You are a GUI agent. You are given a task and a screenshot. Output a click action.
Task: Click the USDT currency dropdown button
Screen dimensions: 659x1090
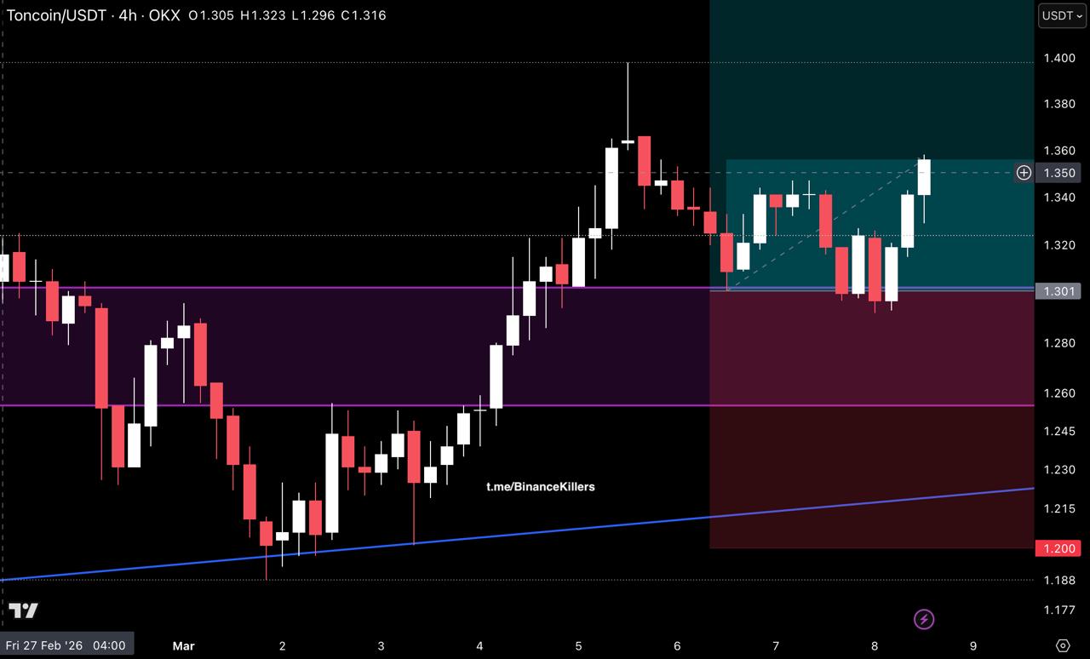(1062, 15)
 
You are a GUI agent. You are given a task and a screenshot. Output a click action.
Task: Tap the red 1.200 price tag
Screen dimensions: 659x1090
(1056, 548)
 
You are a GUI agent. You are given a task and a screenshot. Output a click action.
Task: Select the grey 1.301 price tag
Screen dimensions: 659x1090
(1056, 291)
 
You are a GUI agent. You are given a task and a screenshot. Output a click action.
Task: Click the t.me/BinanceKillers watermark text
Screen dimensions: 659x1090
(541, 487)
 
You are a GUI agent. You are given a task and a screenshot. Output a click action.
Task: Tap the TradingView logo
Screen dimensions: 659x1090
(24, 610)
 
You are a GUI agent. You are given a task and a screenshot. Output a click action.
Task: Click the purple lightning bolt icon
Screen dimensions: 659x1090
(924, 619)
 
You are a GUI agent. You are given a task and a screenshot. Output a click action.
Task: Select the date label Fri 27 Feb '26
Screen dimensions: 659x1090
(65, 645)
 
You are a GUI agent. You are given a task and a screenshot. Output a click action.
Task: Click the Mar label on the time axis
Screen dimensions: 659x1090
(183, 645)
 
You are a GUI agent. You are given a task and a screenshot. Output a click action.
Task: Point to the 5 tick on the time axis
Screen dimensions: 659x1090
(578, 645)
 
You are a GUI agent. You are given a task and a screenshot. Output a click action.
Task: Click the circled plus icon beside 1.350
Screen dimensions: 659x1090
(1024, 173)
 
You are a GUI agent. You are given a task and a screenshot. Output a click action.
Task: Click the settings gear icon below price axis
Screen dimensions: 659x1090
(1062, 645)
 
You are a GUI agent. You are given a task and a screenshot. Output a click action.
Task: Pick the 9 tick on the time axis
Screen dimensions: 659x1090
(973, 645)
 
